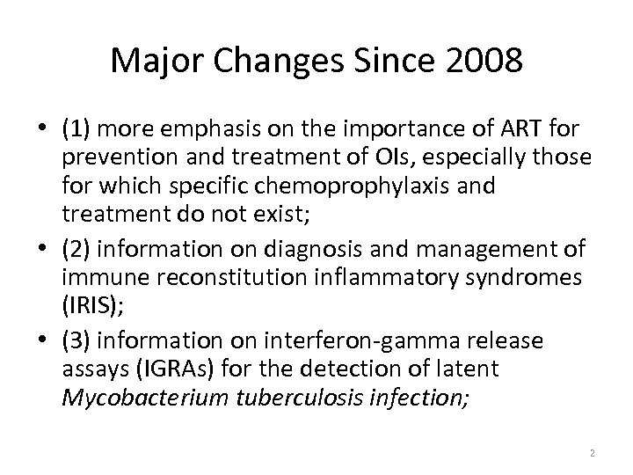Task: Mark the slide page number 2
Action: pos(593,452)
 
